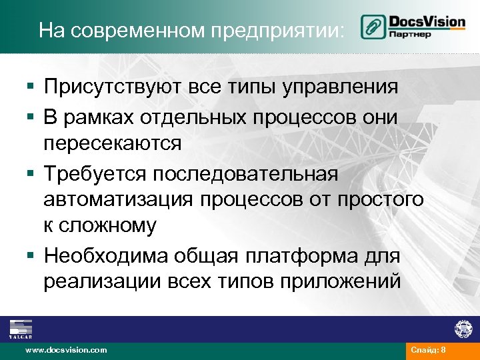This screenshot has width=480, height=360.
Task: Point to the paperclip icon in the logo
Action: [371, 27]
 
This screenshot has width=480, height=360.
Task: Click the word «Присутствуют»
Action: [113, 87]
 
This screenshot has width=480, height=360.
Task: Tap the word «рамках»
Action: [99, 116]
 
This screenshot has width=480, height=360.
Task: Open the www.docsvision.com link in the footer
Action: [65, 350]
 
